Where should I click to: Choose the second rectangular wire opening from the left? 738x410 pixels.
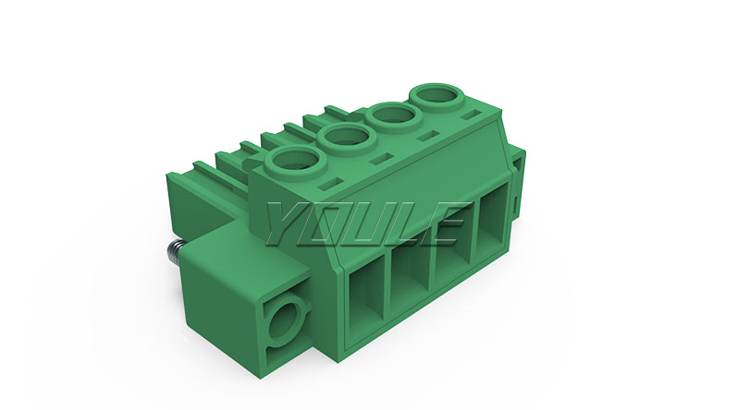click(409, 276)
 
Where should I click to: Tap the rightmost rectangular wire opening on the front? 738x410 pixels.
click(493, 230)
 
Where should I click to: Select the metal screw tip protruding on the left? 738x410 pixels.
click(175, 254)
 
